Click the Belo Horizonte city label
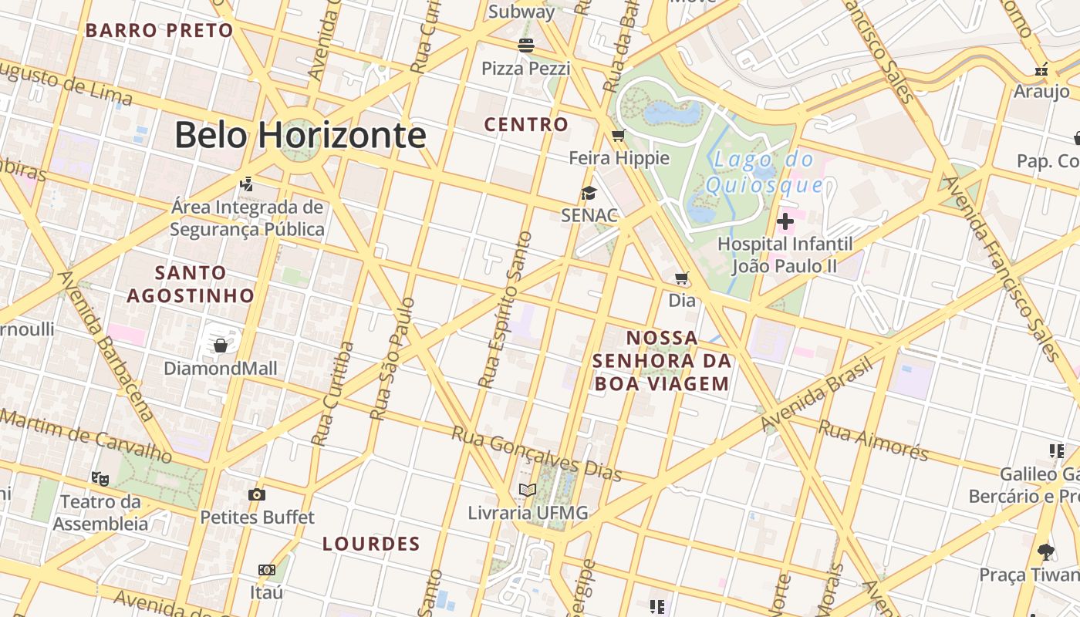pyautogui.click(x=300, y=136)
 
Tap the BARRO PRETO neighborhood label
pyautogui.click(x=159, y=31)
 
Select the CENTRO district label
pyautogui.click(x=526, y=124)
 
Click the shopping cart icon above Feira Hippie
pyautogui.click(x=618, y=137)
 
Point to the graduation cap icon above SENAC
pyautogui.click(x=589, y=194)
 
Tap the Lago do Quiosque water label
pyautogui.click(x=764, y=173)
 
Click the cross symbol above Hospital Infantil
pyautogui.click(x=785, y=222)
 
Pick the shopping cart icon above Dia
pyautogui.click(x=681, y=278)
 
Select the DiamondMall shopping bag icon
pyautogui.click(x=221, y=345)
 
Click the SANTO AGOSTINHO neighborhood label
pyautogui.click(x=191, y=284)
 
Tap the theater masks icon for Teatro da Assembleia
pyautogui.click(x=100, y=479)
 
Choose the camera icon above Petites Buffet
pyautogui.click(x=257, y=494)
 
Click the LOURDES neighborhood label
pyautogui.click(x=371, y=544)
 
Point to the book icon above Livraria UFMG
pyautogui.click(x=528, y=490)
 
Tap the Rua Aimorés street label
pyautogui.click(x=873, y=439)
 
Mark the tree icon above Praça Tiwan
pyautogui.click(x=1046, y=551)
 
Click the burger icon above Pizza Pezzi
pyautogui.click(x=526, y=45)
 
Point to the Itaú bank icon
pyautogui.click(x=267, y=570)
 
